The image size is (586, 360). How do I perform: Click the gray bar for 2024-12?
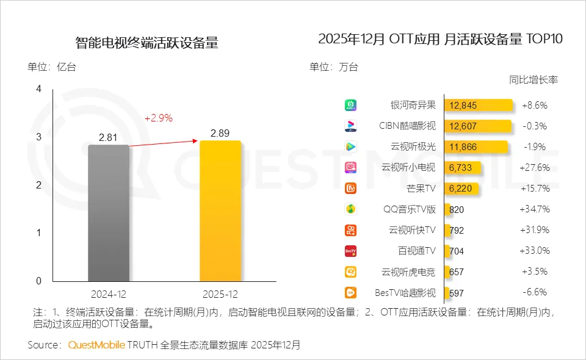(109, 213)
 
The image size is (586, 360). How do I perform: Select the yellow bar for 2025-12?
(220, 211)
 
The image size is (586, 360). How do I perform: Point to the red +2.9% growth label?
(159, 118)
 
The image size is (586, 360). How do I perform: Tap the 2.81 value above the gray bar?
(108, 137)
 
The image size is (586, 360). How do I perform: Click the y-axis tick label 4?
(38, 89)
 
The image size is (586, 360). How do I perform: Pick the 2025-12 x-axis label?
(220, 294)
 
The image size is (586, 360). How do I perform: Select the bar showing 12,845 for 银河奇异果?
(478, 105)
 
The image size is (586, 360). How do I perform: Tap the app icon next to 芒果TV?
(350, 189)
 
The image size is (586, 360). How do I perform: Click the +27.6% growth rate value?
(535, 167)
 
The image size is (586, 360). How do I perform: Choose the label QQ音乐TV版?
(410, 209)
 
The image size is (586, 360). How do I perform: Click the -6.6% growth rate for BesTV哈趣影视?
(535, 292)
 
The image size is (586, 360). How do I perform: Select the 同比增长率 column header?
(534, 80)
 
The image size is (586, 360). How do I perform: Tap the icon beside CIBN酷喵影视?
(350, 126)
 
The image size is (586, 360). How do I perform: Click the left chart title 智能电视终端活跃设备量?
(146, 43)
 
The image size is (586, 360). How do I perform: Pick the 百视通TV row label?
(417, 251)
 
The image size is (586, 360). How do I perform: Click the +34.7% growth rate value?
(535, 209)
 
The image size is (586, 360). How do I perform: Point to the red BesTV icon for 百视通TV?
(350, 251)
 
